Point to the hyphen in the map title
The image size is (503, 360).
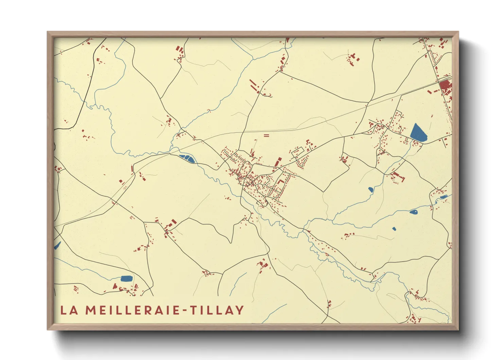[185, 310]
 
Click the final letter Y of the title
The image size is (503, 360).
[240, 310]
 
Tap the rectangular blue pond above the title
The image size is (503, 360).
[126, 278]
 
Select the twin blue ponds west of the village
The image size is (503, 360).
[187, 158]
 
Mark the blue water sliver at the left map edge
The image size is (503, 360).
[57, 245]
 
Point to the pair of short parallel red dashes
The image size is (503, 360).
[266, 135]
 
